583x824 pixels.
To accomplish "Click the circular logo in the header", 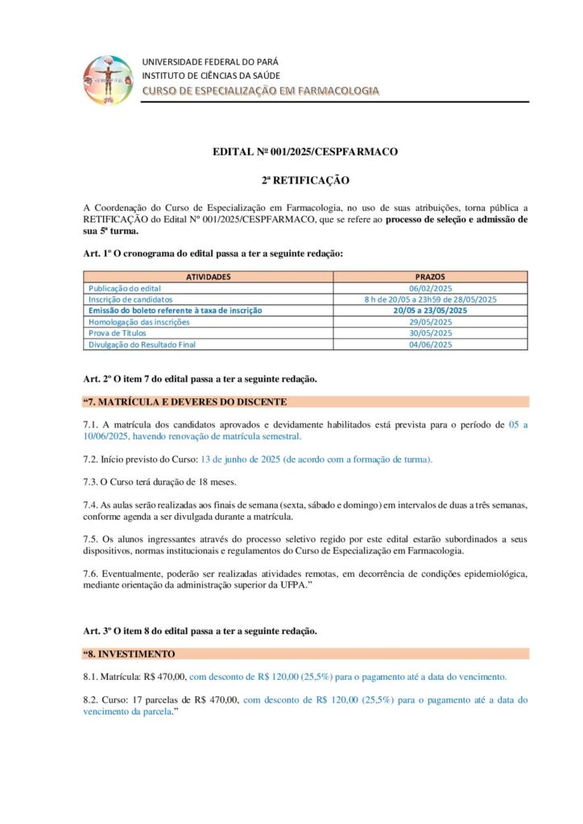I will (x=109, y=79).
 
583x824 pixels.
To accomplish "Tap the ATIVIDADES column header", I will (x=209, y=277).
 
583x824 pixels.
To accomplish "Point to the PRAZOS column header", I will (x=431, y=277).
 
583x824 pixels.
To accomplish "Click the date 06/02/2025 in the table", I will (x=431, y=288).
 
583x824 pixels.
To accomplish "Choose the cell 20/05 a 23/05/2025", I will (x=431, y=310).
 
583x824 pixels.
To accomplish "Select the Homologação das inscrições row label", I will (x=139, y=322).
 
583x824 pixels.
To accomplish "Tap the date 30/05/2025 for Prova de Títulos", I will (x=431, y=333).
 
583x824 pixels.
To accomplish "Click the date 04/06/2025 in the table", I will (x=431, y=344).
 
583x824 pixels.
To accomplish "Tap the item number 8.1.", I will (x=90, y=677).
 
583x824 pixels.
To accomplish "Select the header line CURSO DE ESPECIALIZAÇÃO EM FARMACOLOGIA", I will (x=260, y=91).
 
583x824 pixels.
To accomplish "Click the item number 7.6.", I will (x=90, y=573).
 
